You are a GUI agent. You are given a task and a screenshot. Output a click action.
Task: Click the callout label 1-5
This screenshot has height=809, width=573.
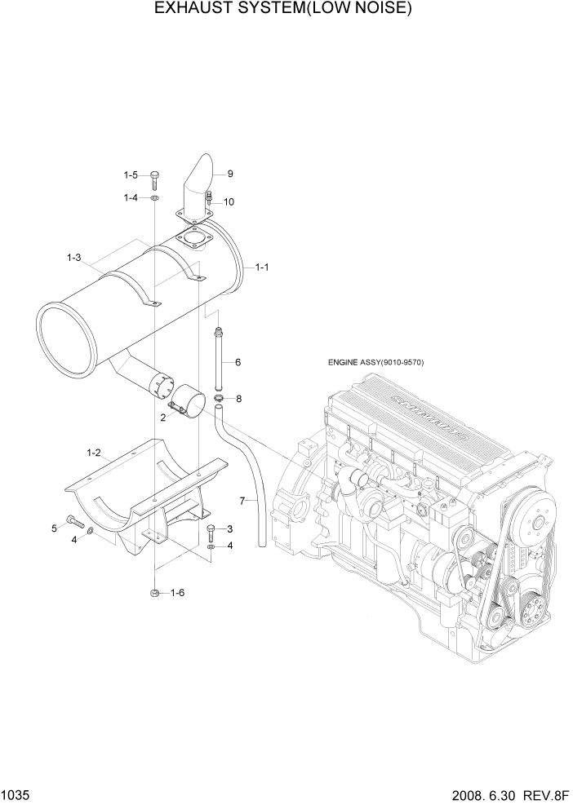131,175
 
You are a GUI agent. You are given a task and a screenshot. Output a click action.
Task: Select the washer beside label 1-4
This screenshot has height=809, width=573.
154,197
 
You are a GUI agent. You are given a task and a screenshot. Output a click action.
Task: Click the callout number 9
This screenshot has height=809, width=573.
230,174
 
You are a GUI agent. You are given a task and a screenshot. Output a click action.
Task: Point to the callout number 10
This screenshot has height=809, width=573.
229,201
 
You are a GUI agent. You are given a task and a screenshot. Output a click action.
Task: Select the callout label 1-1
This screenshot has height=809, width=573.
262,267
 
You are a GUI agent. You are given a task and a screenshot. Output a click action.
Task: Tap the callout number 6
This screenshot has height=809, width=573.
238,361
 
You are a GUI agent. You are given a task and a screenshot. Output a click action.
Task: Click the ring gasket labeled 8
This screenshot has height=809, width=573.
220,398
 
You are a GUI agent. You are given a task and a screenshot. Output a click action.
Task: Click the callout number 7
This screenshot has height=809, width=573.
242,499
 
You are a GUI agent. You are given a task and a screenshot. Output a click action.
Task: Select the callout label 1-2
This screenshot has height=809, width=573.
93,452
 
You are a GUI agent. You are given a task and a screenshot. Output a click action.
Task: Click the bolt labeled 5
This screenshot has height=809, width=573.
73,522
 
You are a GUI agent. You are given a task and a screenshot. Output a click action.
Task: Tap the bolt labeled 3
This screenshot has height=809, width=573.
211,532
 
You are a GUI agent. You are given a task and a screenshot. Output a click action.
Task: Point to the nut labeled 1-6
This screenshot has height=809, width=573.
154,593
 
